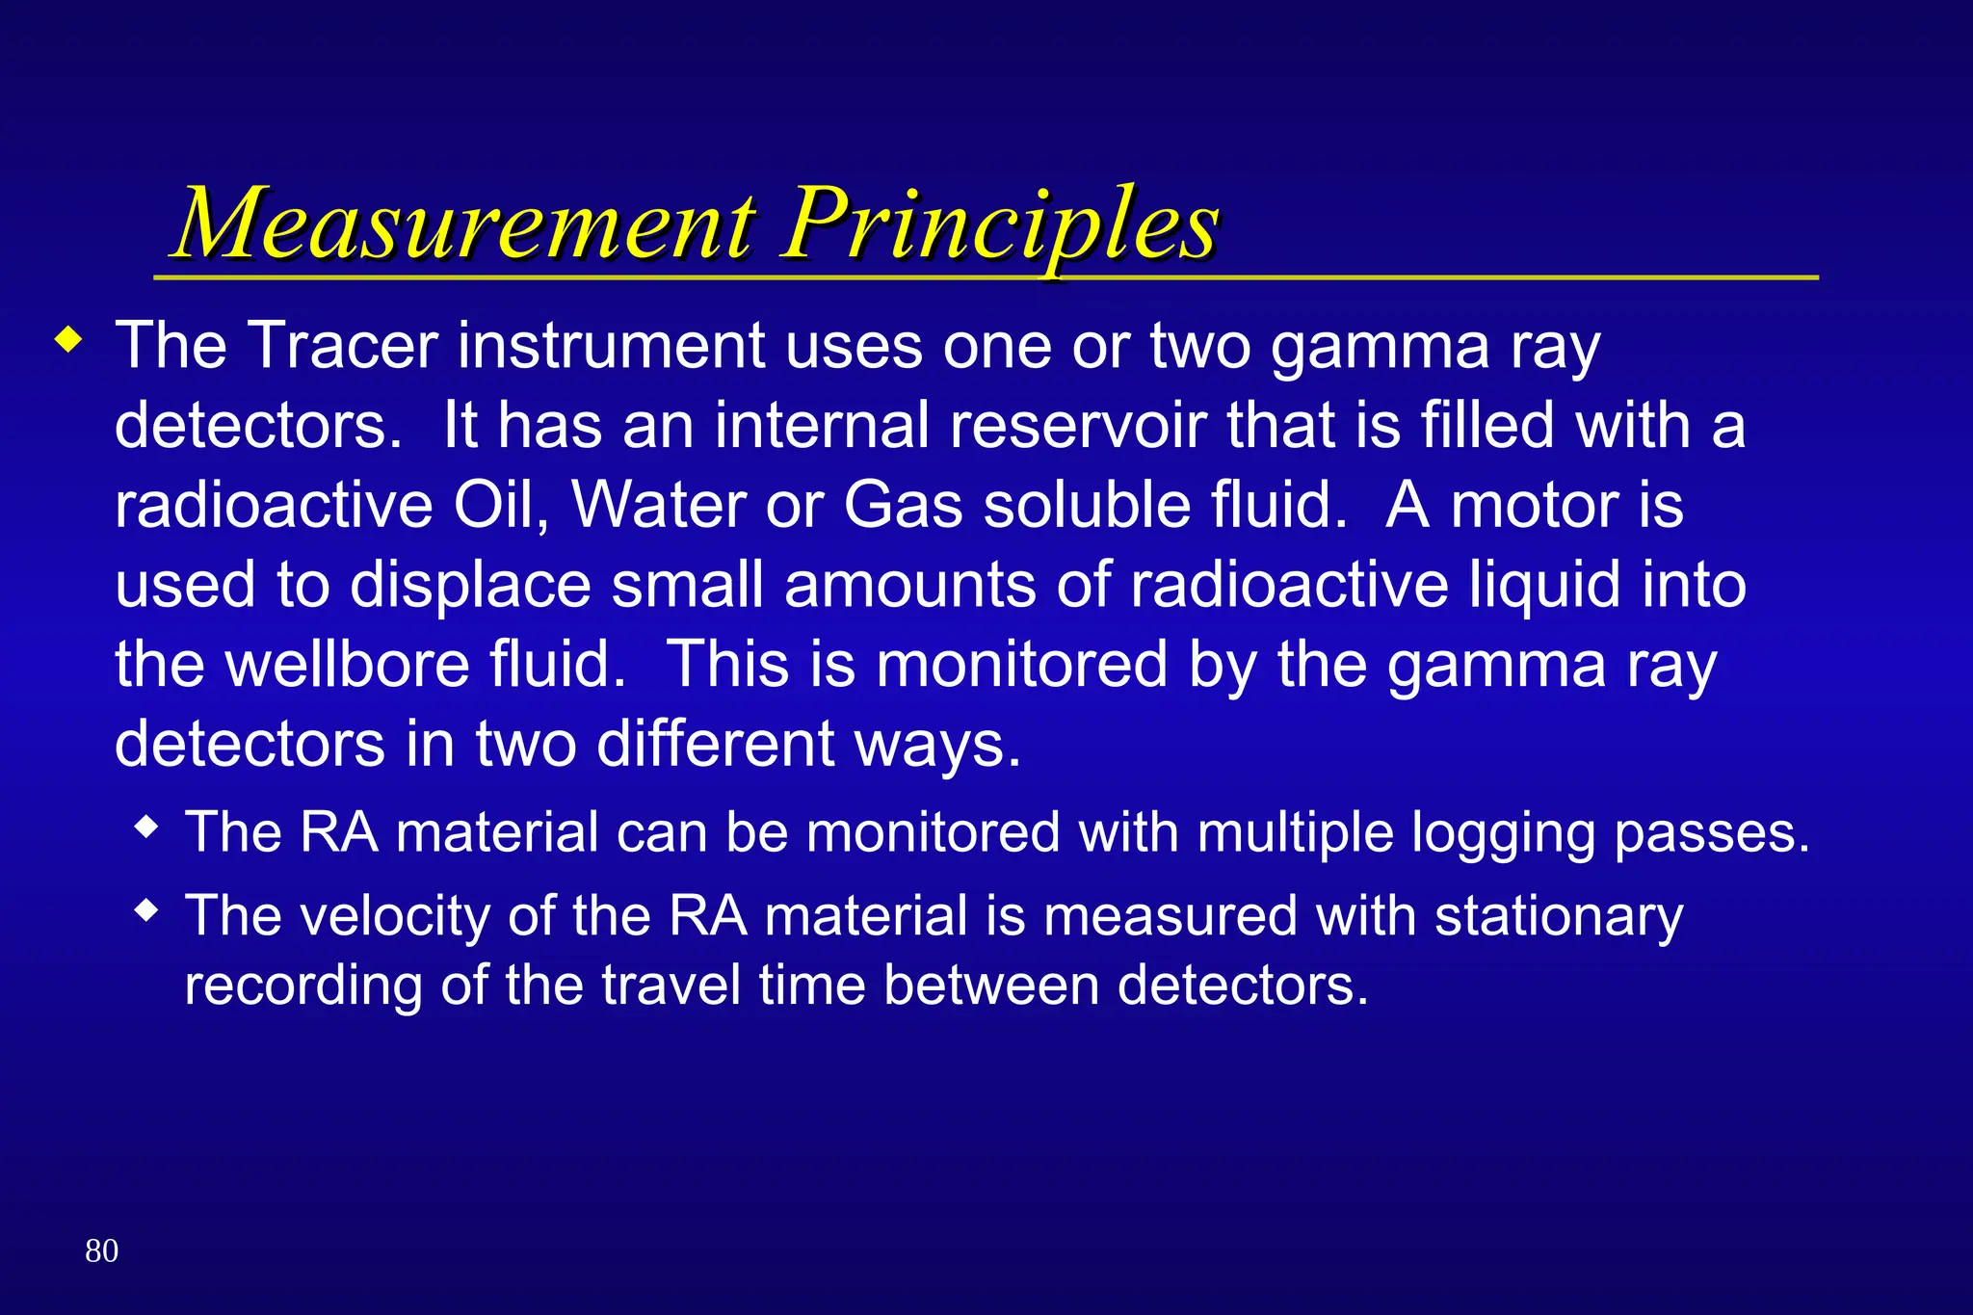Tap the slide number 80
101,1250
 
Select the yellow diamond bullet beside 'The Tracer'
68,340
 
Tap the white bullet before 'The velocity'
146,909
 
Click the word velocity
395,915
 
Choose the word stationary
1559,915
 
